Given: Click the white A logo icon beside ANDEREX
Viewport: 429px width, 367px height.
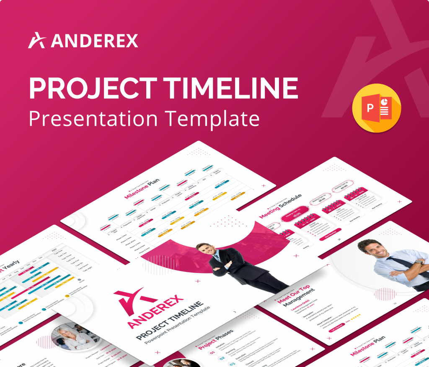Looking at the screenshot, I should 37,40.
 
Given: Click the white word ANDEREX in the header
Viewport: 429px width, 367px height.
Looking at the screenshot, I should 94,41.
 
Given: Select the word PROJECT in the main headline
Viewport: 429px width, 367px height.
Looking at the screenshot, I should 93,89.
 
